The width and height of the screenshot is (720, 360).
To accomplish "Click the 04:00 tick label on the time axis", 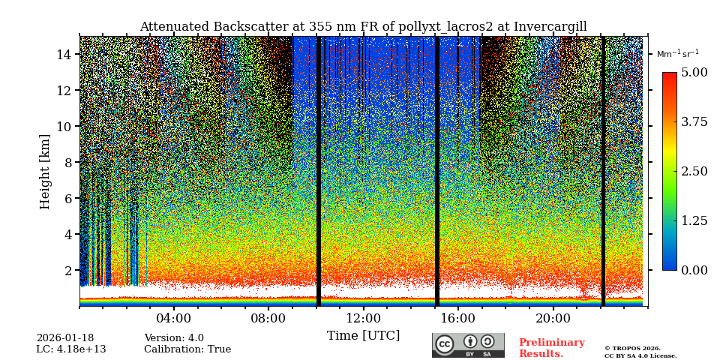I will pyautogui.click(x=174, y=318).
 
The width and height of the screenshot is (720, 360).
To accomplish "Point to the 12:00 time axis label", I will pyautogui.click(x=364, y=318).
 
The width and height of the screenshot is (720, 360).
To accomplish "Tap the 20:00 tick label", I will pyautogui.click(x=553, y=318).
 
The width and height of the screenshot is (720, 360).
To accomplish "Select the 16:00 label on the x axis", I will pyautogui.click(x=458, y=318).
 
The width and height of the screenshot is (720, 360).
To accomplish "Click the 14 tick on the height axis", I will pyautogui.click(x=64, y=55).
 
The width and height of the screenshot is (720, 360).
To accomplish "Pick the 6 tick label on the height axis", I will pyautogui.click(x=67, y=199).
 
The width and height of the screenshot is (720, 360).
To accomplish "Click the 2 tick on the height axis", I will pyautogui.click(x=67, y=271).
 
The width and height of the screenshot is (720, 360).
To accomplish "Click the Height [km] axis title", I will pyautogui.click(x=46, y=171).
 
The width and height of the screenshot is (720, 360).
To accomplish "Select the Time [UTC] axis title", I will pyautogui.click(x=364, y=336).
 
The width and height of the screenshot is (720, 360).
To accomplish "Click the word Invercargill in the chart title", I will pyautogui.click(x=550, y=27).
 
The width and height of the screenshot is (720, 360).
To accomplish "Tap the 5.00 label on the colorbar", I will pyautogui.click(x=694, y=73).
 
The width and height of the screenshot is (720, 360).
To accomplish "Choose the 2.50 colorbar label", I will pyautogui.click(x=694, y=172).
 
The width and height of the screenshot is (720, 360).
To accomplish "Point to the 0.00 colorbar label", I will pyautogui.click(x=694, y=271).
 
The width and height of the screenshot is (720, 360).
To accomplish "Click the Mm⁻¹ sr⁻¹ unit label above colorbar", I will pyautogui.click(x=677, y=54).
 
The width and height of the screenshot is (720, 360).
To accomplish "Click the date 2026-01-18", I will pyautogui.click(x=65, y=338).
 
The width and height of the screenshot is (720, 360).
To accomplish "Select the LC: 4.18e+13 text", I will pyautogui.click(x=71, y=349).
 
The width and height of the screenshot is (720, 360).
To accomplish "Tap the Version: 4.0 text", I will pyautogui.click(x=174, y=338).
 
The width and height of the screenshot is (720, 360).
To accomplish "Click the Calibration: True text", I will pyautogui.click(x=187, y=349).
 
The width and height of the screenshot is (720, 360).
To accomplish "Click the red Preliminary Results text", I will pyautogui.click(x=551, y=348).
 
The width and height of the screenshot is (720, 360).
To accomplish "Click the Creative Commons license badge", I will pyautogui.click(x=468, y=345).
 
